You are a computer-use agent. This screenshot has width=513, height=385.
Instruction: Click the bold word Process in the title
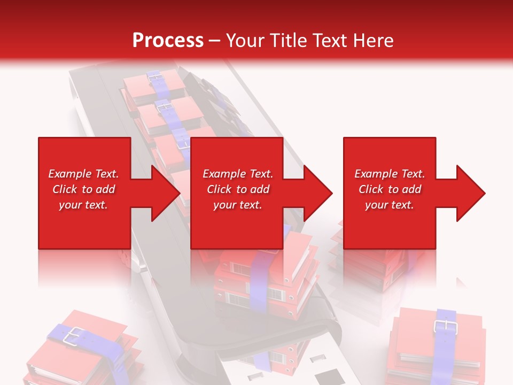[168, 41]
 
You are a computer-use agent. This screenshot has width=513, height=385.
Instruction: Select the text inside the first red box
[83, 189]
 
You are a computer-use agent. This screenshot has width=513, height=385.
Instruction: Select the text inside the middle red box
[237, 189]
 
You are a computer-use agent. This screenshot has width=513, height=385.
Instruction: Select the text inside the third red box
[390, 189]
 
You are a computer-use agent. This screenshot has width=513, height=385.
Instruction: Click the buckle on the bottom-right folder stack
[443, 326]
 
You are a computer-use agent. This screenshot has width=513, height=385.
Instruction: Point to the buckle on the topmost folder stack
[156, 77]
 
